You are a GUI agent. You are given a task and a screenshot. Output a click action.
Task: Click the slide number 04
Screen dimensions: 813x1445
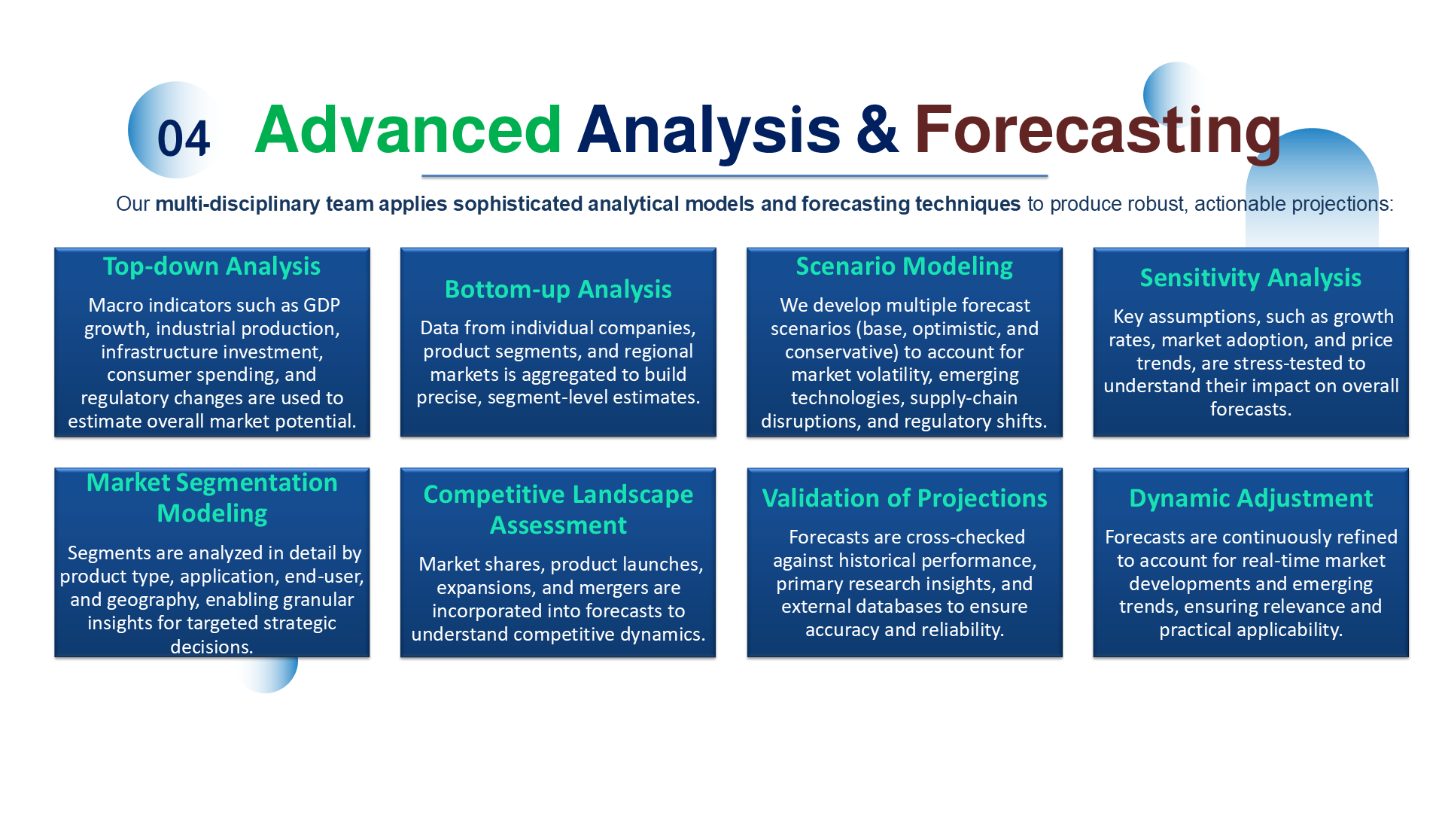click(183, 139)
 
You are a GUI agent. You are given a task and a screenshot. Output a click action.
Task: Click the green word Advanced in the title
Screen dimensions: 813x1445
click(408, 129)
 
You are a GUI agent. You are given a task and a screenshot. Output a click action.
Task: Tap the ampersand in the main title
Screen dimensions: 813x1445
click(877, 129)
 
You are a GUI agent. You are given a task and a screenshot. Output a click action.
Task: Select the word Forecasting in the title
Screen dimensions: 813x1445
click(1097, 129)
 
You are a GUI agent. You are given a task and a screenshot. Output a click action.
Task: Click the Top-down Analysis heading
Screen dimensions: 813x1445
click(211, 266)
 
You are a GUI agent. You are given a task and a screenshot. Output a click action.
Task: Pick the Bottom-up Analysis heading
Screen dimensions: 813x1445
click(558, 290)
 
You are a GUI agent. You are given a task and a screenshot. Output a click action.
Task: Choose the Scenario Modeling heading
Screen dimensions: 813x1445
click(904, 266)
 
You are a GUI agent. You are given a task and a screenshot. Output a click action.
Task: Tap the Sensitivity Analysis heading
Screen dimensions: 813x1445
click(1250, 278)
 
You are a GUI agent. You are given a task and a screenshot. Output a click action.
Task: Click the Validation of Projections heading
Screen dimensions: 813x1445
click(904, 498)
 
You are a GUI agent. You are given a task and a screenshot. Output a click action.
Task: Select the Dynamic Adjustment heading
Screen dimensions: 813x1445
click(1250, 498)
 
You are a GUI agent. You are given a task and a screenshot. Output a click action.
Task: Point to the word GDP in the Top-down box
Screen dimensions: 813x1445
click(321, 305)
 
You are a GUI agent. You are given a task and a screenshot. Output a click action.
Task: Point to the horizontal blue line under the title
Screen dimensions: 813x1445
click(734, 176)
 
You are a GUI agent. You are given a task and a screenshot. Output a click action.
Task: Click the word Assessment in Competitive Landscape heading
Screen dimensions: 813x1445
click(558, 525)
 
